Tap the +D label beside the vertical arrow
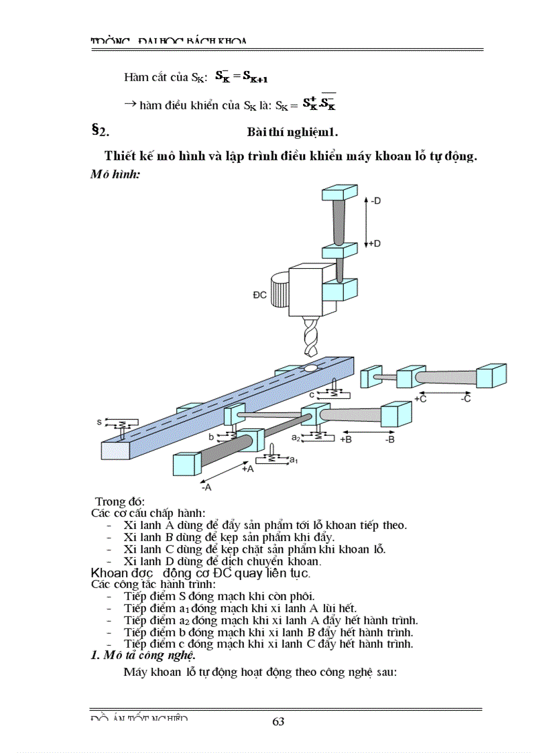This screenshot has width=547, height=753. tap(375, 243)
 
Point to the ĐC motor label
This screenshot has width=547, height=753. tap(259, 294)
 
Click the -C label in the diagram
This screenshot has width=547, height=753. tap(467, 398)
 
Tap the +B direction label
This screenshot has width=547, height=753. tap(346, 439)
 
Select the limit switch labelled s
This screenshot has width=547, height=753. tap(99, 422)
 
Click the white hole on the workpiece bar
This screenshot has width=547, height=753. tap(310, 368)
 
